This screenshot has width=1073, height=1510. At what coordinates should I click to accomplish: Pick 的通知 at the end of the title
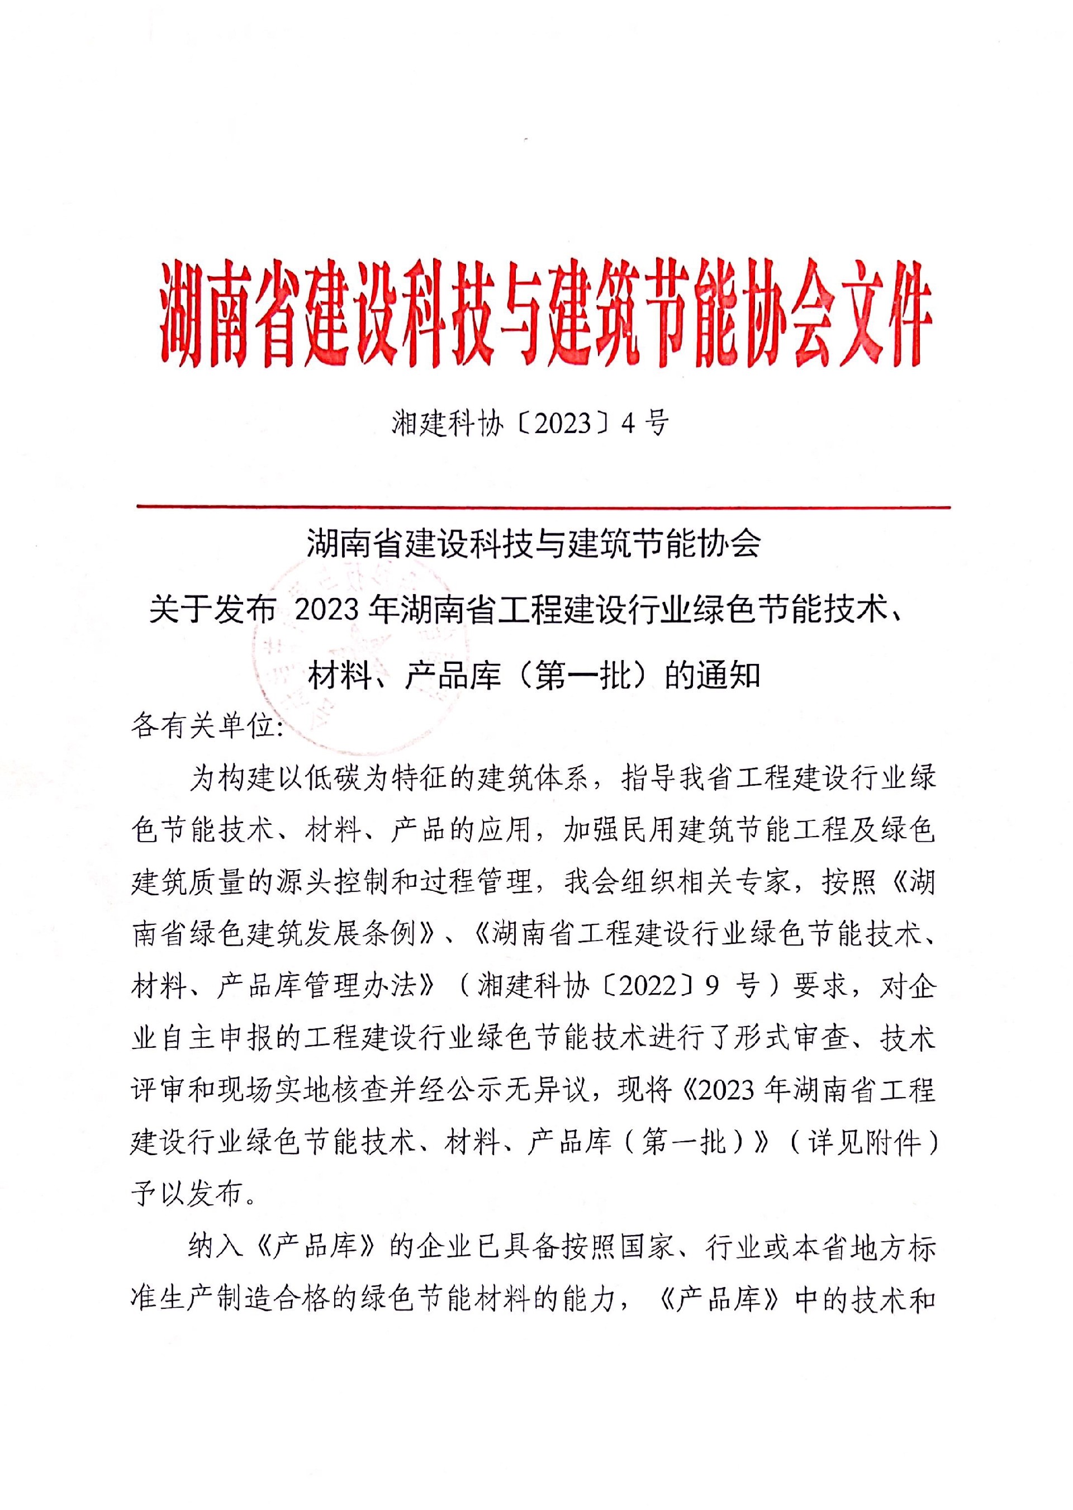(x=712, y=676)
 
